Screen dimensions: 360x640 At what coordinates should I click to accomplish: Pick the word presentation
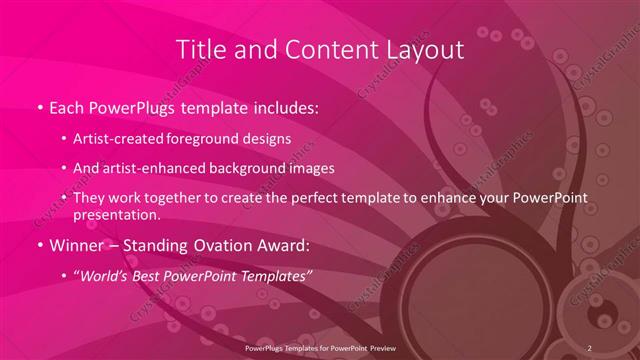tap(116, 214)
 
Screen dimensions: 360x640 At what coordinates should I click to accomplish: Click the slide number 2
tap(590, 347)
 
